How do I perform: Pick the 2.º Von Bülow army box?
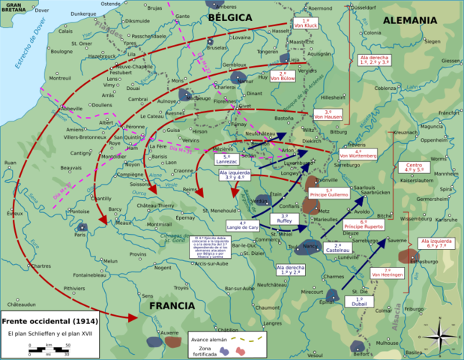(x=283, y=75)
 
